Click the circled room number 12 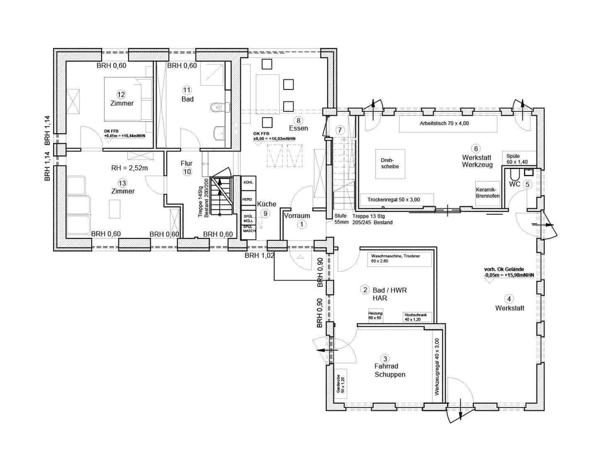coord(121,94)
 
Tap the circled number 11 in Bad coord(187,89)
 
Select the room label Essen coord(299,128)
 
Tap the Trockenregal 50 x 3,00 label coord(393,200)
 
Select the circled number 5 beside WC coord(527,184)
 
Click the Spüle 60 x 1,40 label coord(517,158)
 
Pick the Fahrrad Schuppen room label coord(389,369)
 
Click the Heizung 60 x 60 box coord(376,316)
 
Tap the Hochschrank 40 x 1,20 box coord(416,317)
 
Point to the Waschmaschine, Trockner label coord(396,258)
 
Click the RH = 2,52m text coord(129,168)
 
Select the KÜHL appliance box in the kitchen coord(249,182)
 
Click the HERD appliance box coord(249,199)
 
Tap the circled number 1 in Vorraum coord(302,223)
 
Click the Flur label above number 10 coord(186,163)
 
